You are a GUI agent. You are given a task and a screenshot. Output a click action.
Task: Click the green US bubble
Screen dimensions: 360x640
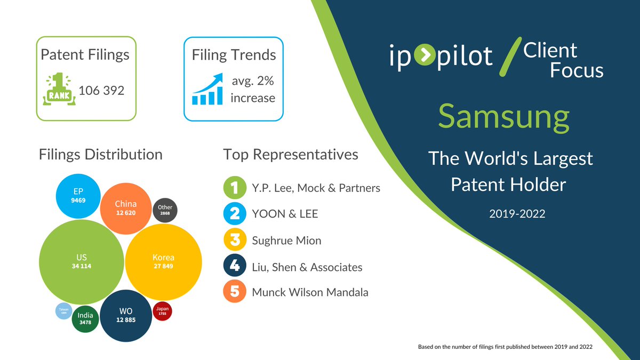(82, 262)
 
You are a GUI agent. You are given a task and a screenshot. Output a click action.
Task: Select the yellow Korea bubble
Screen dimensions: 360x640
(163, 261)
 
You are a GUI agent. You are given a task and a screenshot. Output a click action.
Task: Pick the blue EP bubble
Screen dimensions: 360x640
(78, 196)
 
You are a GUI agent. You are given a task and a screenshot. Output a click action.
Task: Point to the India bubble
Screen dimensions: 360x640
(85, 318)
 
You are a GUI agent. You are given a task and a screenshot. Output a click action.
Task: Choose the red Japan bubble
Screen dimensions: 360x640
(162, 310)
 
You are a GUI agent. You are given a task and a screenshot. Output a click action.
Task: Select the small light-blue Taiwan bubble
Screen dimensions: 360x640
(64, 311)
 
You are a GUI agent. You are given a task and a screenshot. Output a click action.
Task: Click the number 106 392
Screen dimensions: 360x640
(101, 91)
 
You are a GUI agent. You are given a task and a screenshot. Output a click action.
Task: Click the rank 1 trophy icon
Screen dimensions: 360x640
(58, 90)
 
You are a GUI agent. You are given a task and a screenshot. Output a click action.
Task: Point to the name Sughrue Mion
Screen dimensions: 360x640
(286, 241)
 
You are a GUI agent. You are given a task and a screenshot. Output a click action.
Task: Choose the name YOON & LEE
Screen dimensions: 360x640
(285, 214)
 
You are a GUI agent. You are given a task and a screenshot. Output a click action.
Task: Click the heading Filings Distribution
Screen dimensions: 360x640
(101, 155)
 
